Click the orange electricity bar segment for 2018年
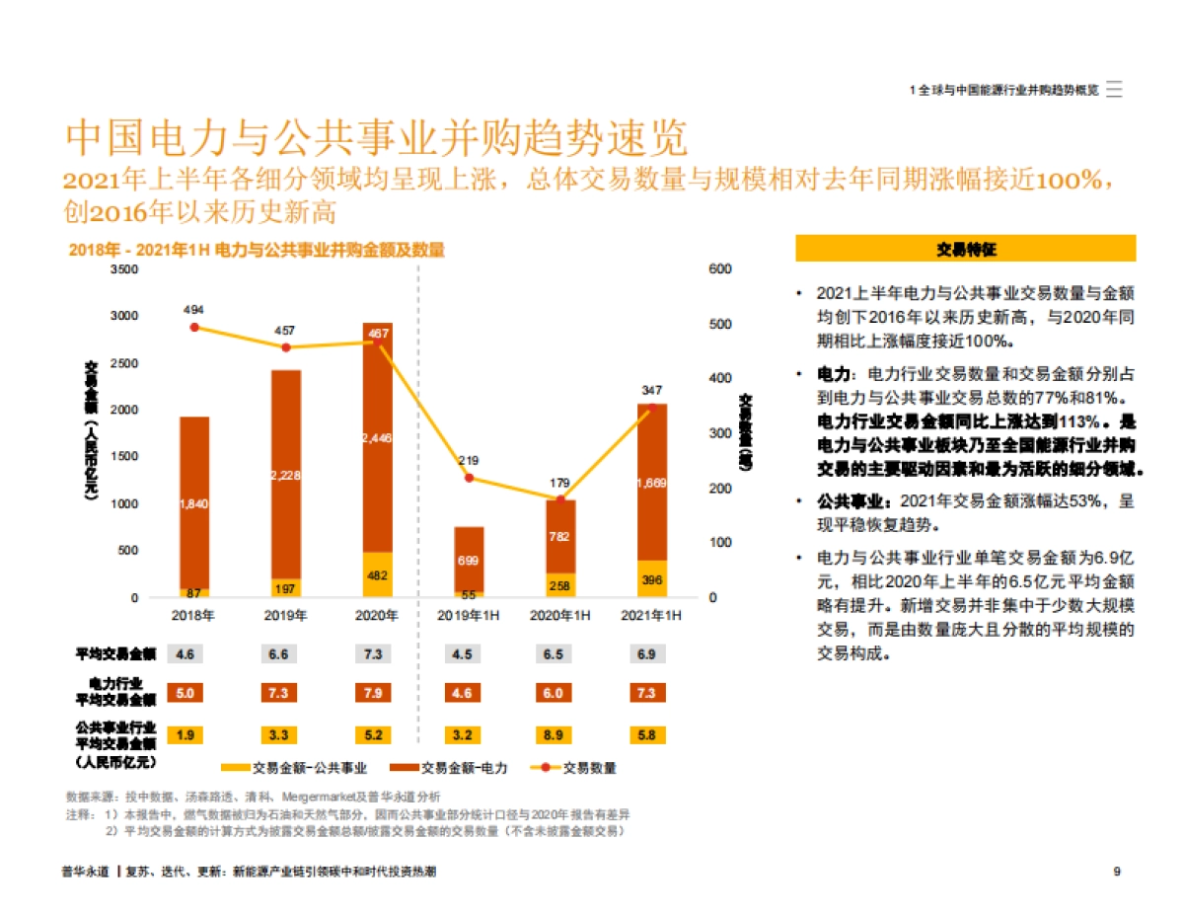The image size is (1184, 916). coord(194,503)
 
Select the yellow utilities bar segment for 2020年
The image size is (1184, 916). coord(377,574)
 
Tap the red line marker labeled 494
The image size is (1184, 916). coord(194,327)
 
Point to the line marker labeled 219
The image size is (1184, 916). coord(469,478)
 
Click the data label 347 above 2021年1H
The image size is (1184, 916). coord(651,390)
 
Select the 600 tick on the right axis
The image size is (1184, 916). coord(719,268)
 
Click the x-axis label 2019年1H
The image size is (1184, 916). coord(469,615)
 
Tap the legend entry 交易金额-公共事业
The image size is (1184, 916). coord(296,768)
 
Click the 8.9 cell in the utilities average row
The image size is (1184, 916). coord(559,734)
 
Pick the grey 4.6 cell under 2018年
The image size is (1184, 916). coord(185,653)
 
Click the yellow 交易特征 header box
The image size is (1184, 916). coord(966,249)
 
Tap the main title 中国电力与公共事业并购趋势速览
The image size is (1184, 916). coord(376,139)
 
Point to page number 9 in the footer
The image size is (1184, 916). coord(1116,872)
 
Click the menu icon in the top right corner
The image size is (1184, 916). coord(1114,89)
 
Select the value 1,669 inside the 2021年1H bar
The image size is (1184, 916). coord(651,483)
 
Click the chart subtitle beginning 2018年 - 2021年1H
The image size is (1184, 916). coord(256,251)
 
